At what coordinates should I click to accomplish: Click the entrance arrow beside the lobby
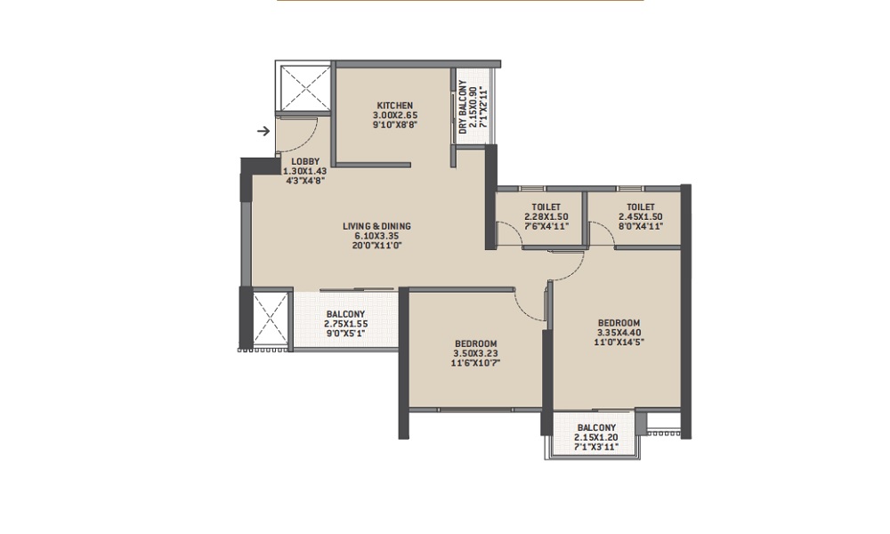263,131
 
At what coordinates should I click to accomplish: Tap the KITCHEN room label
395,106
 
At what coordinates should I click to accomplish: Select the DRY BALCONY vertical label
463,108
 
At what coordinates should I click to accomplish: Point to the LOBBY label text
305,162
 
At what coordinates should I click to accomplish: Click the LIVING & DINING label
376,226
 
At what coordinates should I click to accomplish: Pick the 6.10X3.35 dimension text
376,236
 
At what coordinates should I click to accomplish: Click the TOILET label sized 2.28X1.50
546,207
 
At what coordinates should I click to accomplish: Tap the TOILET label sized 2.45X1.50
641,207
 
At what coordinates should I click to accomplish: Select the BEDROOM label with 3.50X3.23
475,344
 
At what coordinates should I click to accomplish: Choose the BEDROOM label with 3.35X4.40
619,323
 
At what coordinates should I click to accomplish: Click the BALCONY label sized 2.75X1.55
345,314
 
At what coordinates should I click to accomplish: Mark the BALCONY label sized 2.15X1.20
596,428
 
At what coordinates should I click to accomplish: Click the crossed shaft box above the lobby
303,89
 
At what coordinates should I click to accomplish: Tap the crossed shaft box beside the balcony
271,319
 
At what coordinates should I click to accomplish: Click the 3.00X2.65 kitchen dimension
395,115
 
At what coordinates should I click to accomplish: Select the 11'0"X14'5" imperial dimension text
619,342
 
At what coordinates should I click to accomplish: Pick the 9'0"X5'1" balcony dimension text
345,333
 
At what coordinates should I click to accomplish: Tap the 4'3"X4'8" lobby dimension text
305,181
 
